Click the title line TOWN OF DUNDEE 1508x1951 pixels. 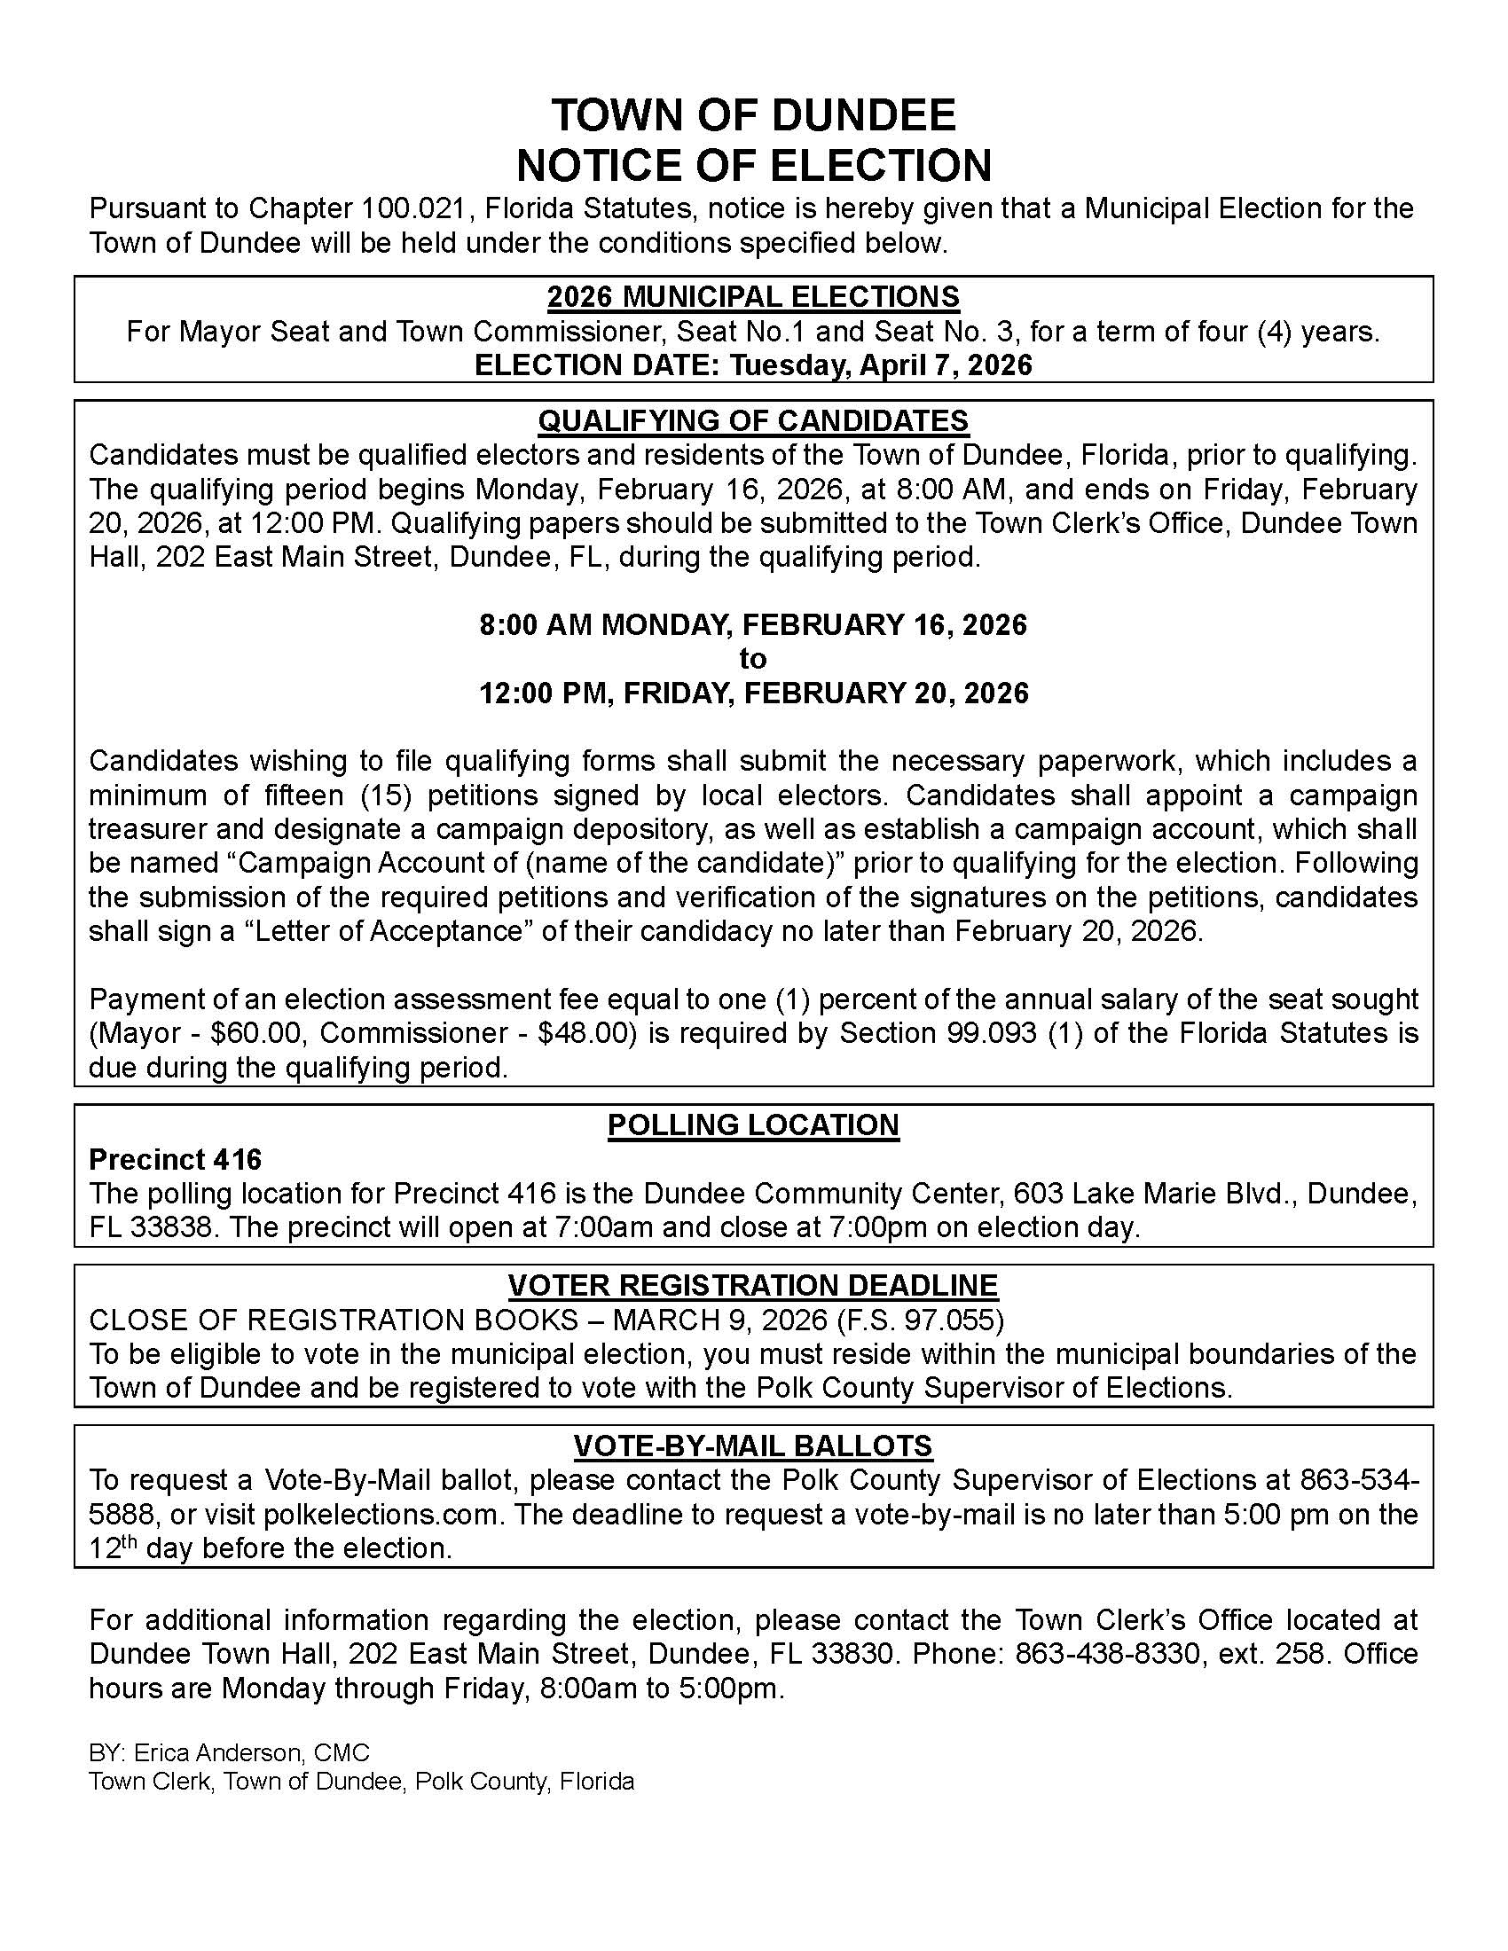[x=753, y=115]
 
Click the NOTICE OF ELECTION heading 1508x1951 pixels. [x=753, y=165]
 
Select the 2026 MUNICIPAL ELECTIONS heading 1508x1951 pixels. [x=753, y=296]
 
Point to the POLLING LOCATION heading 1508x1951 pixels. [x=753, y=1124]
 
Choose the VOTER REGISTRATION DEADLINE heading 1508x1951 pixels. [x=753, y=1285]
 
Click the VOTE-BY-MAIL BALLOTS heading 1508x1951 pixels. [x=753, y=1446]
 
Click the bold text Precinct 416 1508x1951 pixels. [x=175, y=1160]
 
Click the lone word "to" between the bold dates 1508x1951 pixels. [x=753, y=658]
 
